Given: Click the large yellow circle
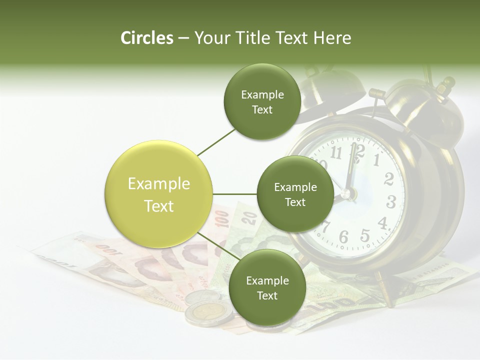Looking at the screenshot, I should (158, 194).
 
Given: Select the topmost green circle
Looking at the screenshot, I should (262, 101).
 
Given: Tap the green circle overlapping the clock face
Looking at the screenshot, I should (295, 194).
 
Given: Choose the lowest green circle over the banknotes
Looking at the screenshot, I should (267, 287).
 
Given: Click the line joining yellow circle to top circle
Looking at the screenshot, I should (216, 142).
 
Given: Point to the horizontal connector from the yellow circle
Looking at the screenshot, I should (234, 194).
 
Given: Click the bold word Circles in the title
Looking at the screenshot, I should (146, 38).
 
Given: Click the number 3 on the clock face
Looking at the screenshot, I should (391, 202).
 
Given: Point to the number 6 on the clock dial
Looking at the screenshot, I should (343, 237).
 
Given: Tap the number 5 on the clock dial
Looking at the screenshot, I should (365, 234).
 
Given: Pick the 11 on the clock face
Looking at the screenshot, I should (336, 153).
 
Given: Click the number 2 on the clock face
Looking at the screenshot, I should (389, 179).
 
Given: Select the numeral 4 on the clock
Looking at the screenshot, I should (383, 222).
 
